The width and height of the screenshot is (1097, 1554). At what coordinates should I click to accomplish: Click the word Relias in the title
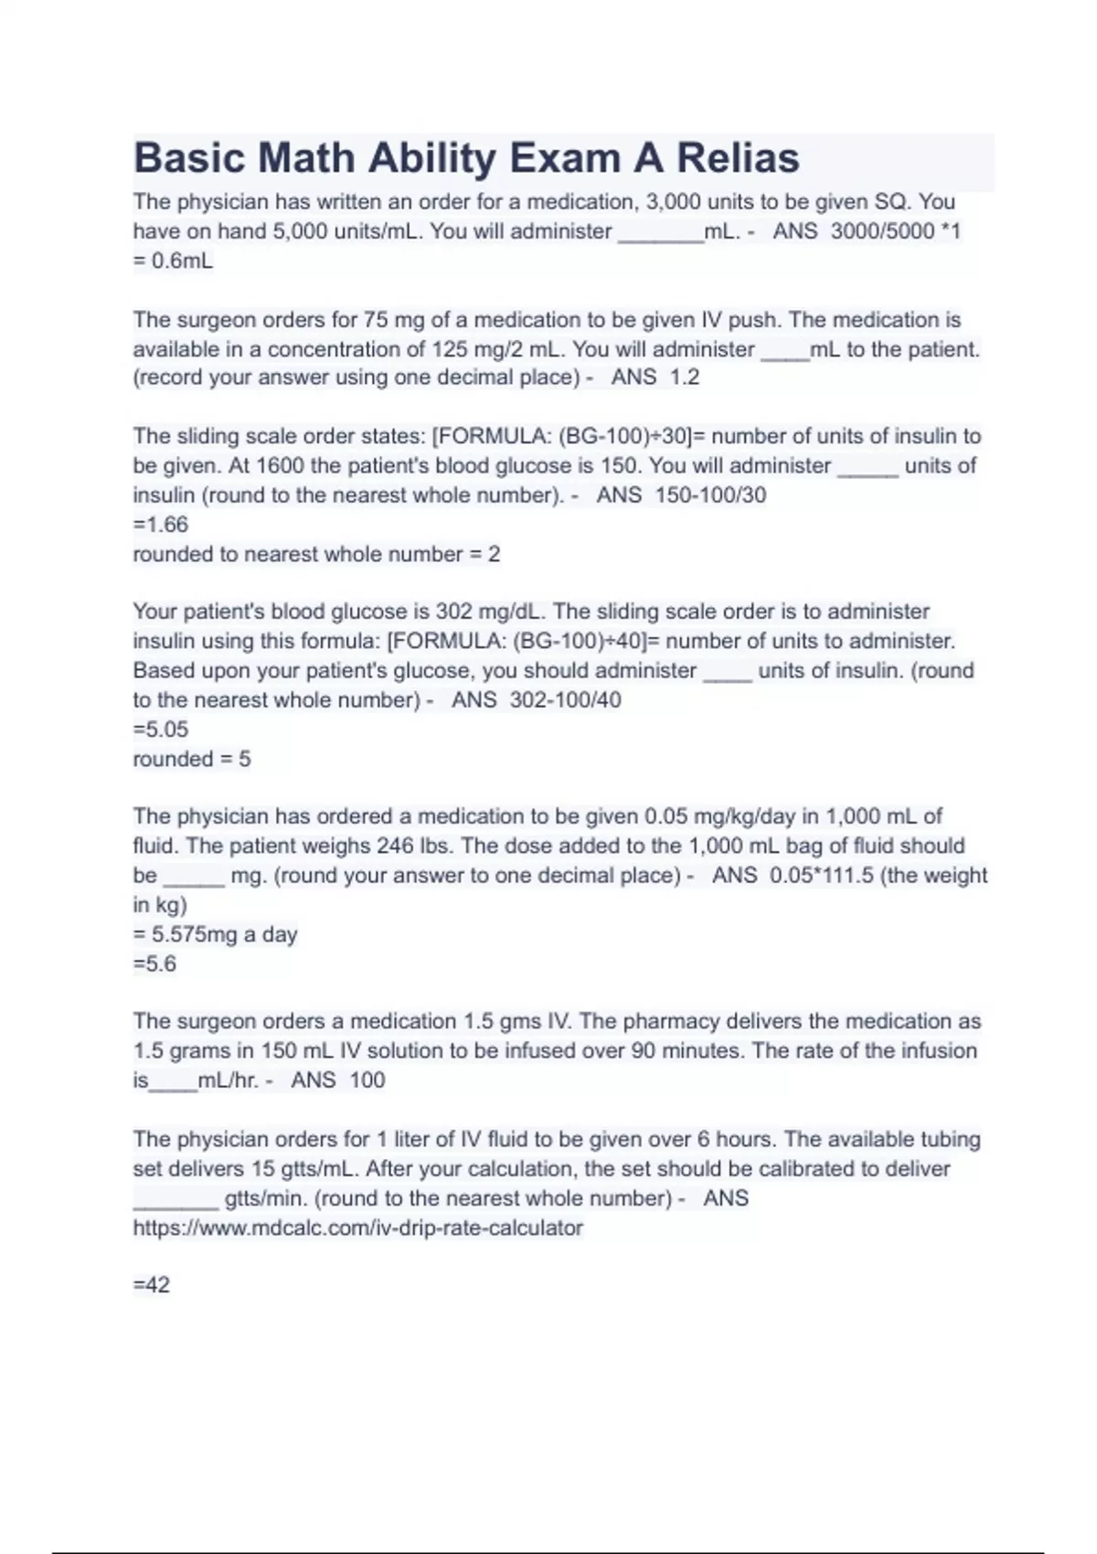point(738,158)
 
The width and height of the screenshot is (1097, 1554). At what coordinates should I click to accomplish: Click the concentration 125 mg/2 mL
point(495,349)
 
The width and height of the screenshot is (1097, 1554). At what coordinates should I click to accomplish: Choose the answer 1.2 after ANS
point(684,378)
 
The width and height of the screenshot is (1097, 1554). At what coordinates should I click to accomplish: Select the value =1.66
point(161,525)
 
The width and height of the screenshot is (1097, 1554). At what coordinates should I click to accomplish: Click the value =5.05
point(161,729)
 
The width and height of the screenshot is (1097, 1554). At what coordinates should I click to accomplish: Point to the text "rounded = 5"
point(192,759)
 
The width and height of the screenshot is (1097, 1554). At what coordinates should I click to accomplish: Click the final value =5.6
point(154,963)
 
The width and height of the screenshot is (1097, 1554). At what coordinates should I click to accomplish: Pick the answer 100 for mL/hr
point(367,1080)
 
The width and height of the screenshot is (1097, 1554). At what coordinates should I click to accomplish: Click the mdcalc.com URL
point(357,1228)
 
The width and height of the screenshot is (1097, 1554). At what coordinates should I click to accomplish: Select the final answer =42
point(152,1285)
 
